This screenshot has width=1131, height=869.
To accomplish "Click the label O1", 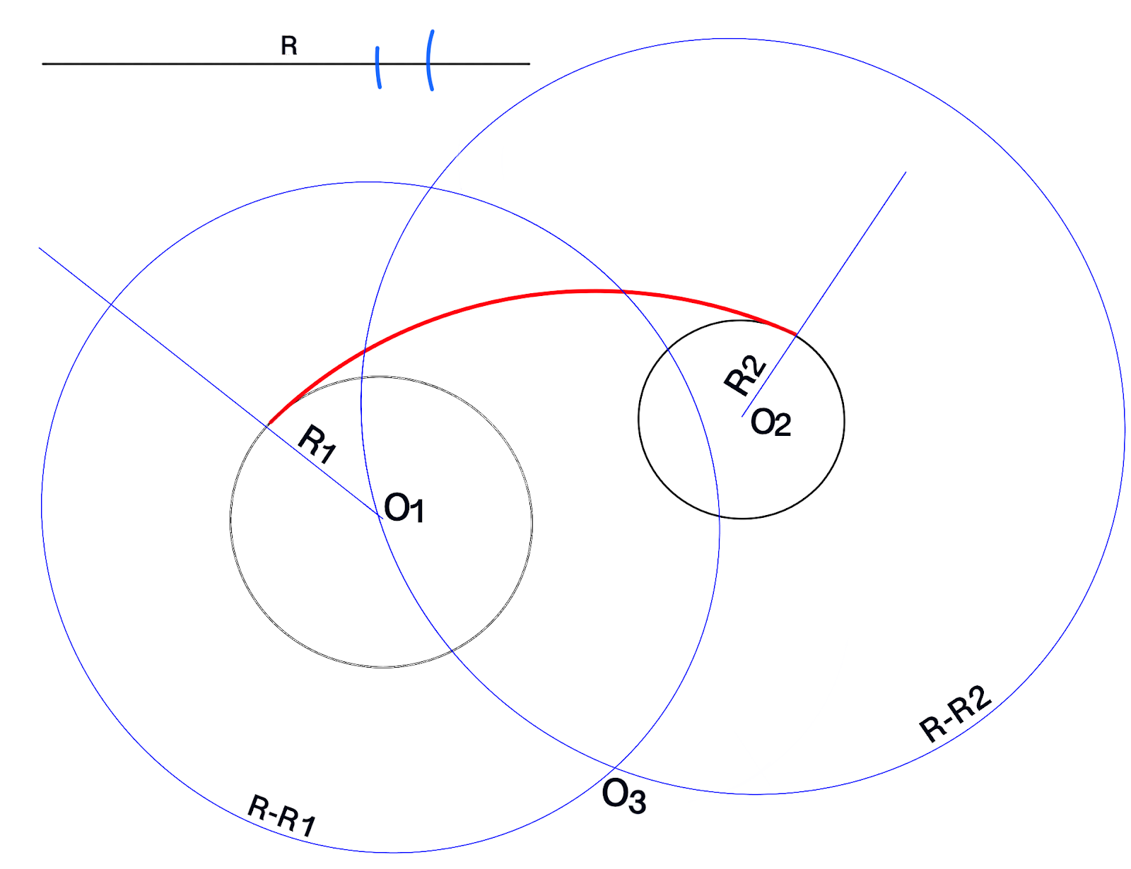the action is (x=404, y=509).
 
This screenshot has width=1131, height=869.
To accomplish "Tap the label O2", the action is (x=770, y=423).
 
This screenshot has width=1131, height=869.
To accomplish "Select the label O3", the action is (x=623, y=797).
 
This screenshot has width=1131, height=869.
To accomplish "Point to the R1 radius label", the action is (x=317, y=443).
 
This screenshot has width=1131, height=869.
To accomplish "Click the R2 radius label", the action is (x=745, y=375).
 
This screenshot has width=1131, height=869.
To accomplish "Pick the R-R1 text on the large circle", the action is (x=281, y=816).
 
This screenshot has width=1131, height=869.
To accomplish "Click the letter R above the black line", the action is (x=289, y=46).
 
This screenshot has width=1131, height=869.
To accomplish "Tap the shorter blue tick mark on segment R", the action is (x=378, y=68).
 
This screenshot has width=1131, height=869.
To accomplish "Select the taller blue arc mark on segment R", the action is (x=430, y=61).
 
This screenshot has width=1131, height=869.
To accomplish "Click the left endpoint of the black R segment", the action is (x=43, y=64).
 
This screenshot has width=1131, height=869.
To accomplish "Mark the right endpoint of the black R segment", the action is (x=529, y=64).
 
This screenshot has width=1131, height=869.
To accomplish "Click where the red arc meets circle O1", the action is (x=269, y=424).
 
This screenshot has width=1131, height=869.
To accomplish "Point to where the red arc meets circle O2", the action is (x=797, y=334).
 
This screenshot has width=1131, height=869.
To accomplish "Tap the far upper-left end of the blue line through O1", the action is (x=40, y=248).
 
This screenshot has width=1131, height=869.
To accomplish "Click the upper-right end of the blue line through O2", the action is (x=906, y=172).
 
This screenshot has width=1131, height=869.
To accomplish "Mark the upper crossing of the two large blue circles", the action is (x=430, y=188).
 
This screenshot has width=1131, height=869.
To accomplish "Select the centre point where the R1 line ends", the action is (x=382, y=519).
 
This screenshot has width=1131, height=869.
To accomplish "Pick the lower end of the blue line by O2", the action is (x=742, y=416).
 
